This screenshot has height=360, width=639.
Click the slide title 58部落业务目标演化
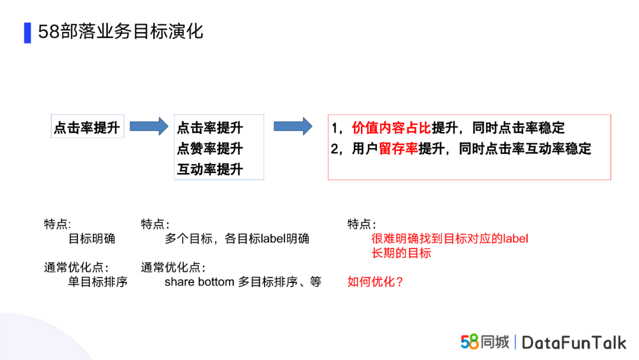click(120, 32)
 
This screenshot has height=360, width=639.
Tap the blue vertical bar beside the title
click(27, 33)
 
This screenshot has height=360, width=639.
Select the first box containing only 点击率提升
click(87, 126)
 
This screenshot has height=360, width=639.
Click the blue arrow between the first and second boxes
click(149, 126)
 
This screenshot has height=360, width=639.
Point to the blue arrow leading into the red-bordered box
click(293, 126)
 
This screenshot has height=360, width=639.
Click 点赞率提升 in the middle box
click(210, 149)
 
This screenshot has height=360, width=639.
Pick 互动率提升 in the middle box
click(210, 169)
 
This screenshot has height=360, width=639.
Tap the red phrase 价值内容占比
click(391, 128)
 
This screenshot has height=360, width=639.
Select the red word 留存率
click(398, 149)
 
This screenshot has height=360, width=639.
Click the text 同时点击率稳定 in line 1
click(518, 128)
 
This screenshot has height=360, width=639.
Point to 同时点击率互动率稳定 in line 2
click(525, 149)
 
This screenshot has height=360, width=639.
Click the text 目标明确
click(92, 239)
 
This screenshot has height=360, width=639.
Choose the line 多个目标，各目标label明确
click(237, 239)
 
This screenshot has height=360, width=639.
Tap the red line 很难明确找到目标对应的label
click(450, 239)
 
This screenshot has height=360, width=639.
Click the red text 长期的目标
click(401, 253)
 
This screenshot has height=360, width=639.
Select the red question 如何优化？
click(375, 282)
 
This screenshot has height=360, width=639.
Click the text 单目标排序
click(98, 282)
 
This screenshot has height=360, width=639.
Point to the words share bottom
click(199, 282)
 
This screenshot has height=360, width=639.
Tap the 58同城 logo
click(485, 342)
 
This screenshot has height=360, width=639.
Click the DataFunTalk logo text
click(574, 343)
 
